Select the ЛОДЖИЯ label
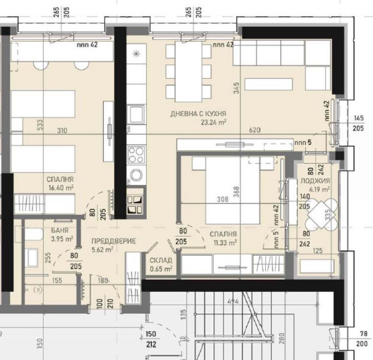pyautogui.click(x=315, y=181)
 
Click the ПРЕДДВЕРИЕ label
pyautogui.click(x=113, y=241)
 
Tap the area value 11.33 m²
pyautogui.click(x=225, y=242)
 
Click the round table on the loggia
pyautogui.click(x=318, y=212)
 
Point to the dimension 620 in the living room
pyautogui.click(x=254, y=129)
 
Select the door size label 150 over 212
pyautogui.click(x=151, y=338)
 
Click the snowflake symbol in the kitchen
pyautogui.click(x=137, y=53)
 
